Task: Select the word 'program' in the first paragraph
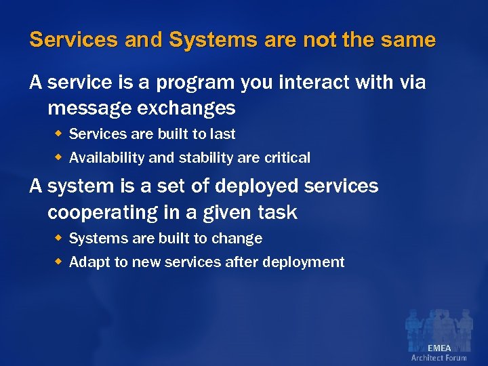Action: (x=194, y=83)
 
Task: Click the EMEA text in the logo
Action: (x=439, y=348)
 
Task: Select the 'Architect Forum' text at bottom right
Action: (x=439, y=358)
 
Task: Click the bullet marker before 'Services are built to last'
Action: (x=59, y=134)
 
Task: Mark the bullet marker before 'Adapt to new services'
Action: (x=59, y=262)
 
